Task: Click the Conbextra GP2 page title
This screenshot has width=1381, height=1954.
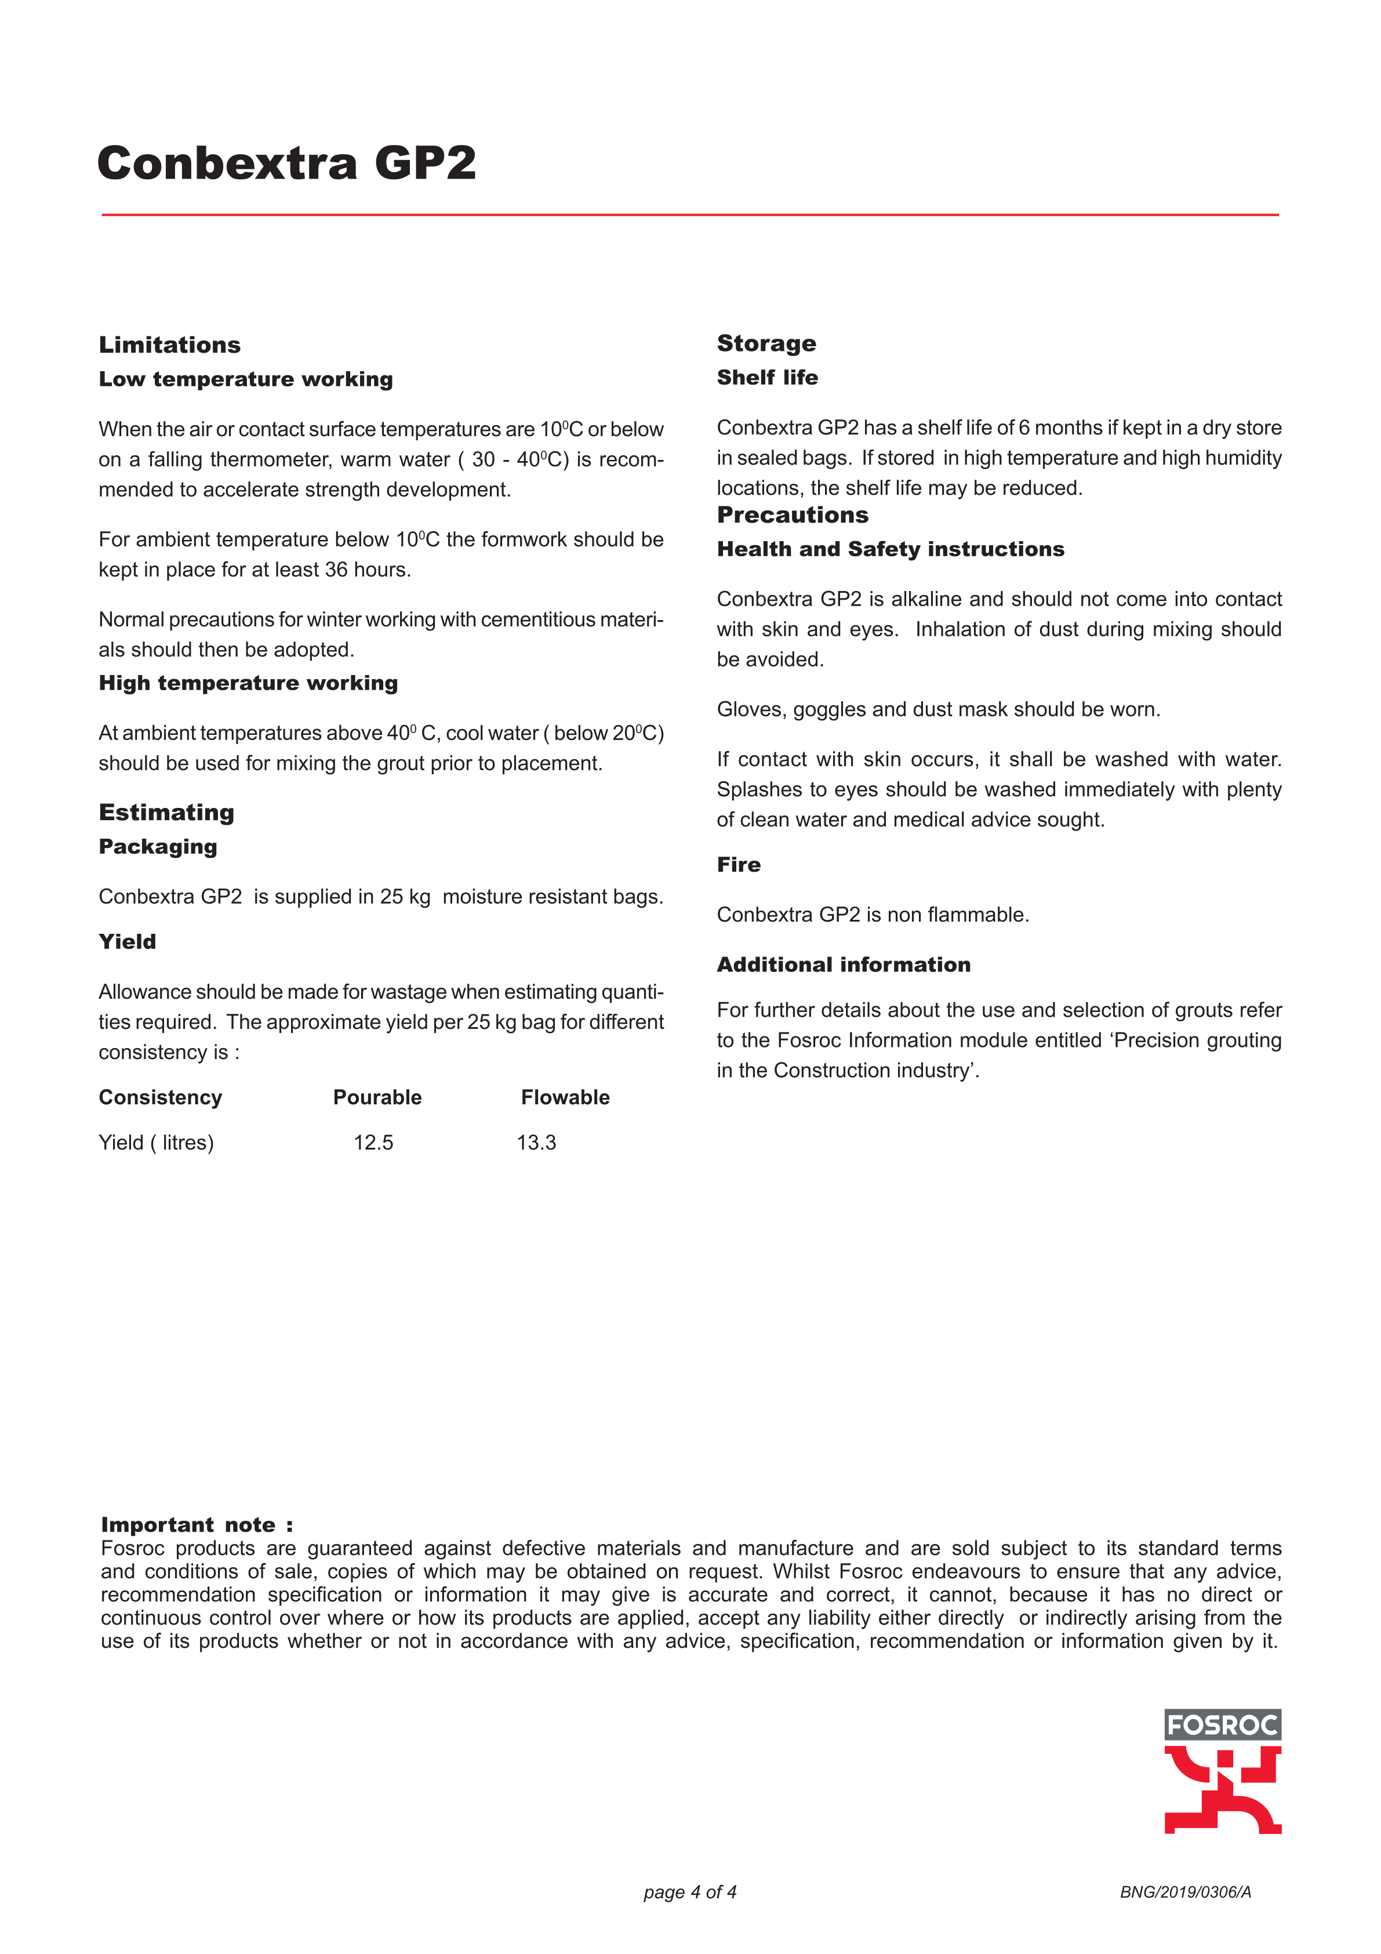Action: click(287, 164)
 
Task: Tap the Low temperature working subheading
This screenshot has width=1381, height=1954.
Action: click(245, 379)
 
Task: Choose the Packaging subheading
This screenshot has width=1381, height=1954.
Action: click(158, 847)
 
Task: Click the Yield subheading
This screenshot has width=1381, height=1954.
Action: click(127, 942)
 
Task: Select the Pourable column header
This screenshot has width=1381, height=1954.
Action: click(377, 1098)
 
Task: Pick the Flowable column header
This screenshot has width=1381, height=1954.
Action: click(565, 1098)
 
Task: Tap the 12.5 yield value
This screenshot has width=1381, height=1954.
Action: click(373, 1143)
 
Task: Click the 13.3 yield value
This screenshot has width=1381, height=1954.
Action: click(536, 1143)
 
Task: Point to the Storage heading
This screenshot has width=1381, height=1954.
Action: click(766, 344)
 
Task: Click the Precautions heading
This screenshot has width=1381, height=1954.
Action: click(792, 515)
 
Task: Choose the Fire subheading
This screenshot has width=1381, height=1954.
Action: click(739, 865)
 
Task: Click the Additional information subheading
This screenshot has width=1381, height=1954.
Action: click(843, 965)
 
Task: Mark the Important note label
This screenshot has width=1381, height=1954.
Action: click(197, 1525)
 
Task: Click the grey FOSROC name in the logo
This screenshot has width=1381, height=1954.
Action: click(1222, 1725)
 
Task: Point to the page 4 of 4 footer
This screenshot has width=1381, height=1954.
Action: click(689, 1893)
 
